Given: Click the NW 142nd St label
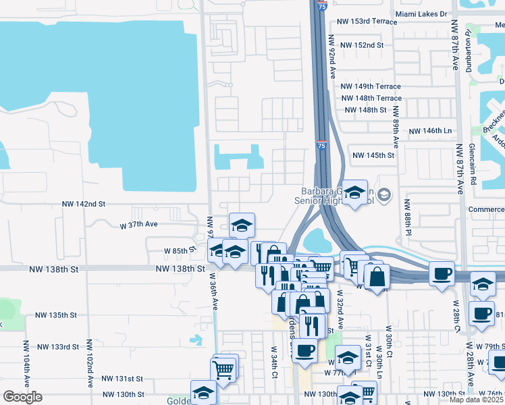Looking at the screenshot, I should coord(84,203).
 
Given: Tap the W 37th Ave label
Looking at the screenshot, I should coord(138,224).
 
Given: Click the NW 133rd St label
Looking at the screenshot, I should coord(58,347).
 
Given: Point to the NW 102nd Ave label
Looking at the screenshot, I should coord(88,368).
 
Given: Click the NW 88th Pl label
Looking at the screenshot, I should coord(408,217).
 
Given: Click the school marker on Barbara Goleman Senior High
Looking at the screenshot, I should coord(354,193).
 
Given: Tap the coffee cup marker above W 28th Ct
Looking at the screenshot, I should coord(442,274).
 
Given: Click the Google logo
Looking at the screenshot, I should coord(22,397).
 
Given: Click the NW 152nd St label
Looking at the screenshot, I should coord(362,45).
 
